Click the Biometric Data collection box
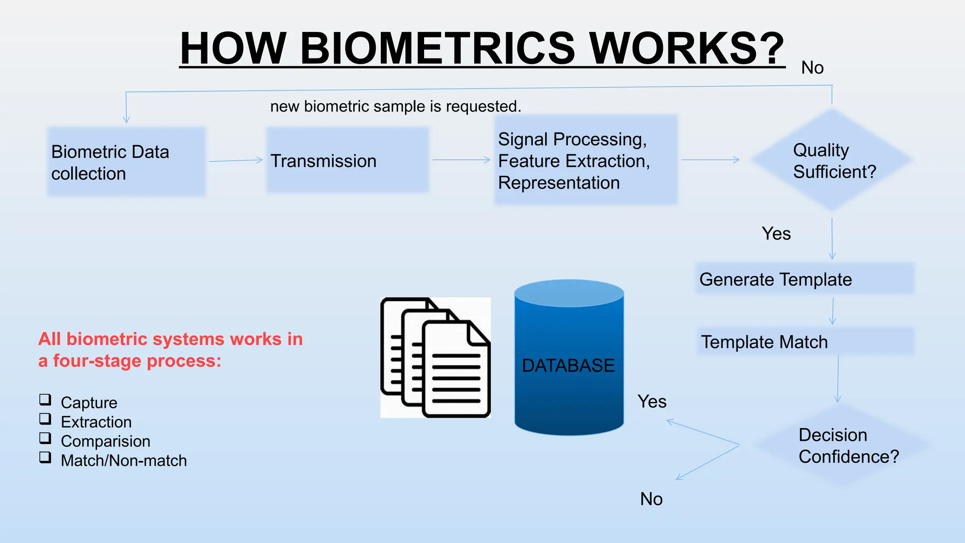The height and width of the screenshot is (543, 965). (126, 162)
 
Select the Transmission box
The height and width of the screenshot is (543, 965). (348, 160)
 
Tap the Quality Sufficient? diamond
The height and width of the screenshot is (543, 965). (832, 160)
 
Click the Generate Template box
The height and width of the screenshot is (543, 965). (805, 279)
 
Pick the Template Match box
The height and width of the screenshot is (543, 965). (805, 342)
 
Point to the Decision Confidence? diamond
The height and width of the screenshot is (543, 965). (842, 445)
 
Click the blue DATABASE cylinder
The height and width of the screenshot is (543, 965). (569, 358)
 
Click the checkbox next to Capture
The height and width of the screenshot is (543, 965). (45, 400)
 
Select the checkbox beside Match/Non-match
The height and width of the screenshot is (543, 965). (45, 457)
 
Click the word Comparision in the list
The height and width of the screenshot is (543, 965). (106, 441)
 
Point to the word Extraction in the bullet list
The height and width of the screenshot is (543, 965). (96, 422)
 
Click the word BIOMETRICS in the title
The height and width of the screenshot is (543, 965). (437, 48)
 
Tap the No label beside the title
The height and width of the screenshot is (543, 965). (812, 68)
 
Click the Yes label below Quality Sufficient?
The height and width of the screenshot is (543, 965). (776, 234)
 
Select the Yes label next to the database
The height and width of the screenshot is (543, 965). (652, 402)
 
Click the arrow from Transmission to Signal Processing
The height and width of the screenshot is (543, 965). (462, 160)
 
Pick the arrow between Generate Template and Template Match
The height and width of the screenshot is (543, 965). (833, 311)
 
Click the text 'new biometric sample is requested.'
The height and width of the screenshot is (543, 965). (396, 107)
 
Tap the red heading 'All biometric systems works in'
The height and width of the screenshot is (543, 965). (171, 339)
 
